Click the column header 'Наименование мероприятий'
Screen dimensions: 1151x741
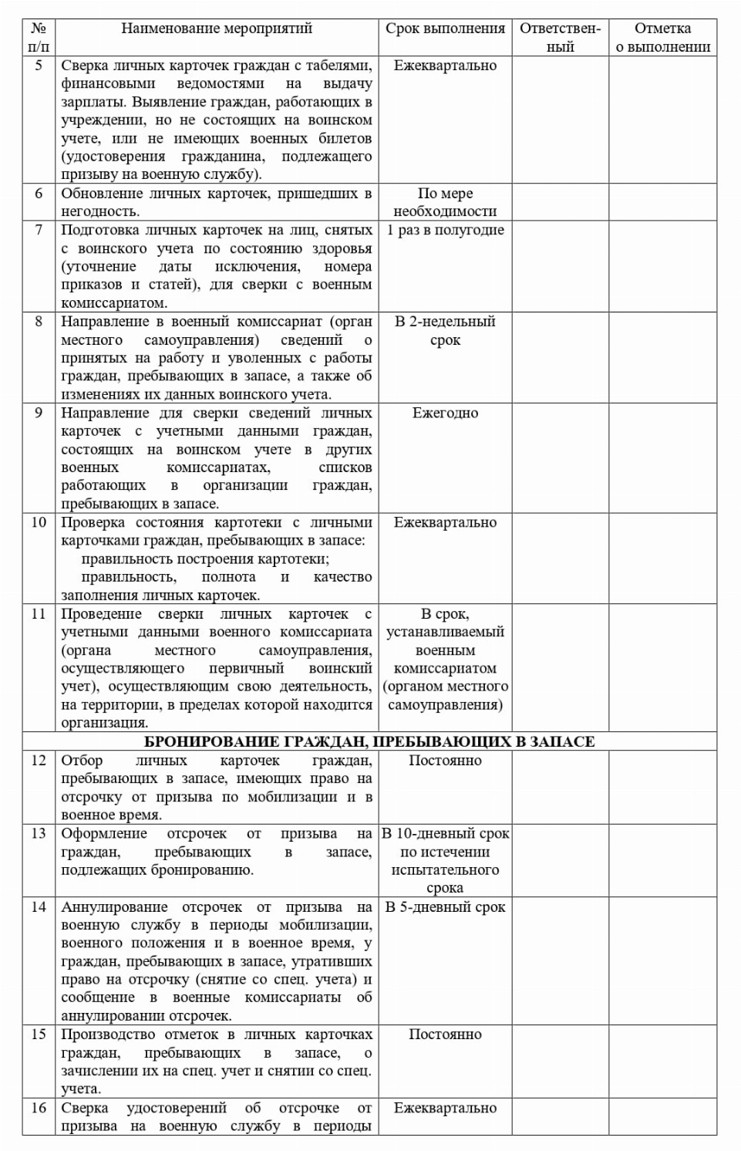click(x=217, y=29)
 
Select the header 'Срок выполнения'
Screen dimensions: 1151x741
click(x=445, y=29)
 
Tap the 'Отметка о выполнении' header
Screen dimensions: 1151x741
click(x=662, y=38)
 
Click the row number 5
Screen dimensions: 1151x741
click(x=39, y=66)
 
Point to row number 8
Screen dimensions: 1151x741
click(x=39, y=322)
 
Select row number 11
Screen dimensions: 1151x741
click(x=39, y=614)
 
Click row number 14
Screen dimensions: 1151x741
click(x=39, y=907)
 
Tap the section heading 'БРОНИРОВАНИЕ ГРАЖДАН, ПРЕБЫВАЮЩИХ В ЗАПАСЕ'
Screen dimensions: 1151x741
click(x=369, y=742)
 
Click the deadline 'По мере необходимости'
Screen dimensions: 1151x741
click(x=445, y=202)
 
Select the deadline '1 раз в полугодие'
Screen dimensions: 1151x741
click(x=445, y=230)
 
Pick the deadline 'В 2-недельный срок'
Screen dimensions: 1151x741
click(x=445, y=330)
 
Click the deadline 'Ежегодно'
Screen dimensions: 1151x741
click(x=445, y=413)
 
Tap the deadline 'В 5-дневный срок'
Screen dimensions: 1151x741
click(x=445, y=907)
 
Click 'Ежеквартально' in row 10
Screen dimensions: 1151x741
click(x=445, y=522)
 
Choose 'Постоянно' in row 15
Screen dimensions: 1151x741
click(x=445, y=1035)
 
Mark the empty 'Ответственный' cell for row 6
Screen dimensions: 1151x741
click(x=560, y=202)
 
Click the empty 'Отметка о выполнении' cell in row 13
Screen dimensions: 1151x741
click(x=662, y=860)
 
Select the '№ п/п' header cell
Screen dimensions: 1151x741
click(x=39, y=38)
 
